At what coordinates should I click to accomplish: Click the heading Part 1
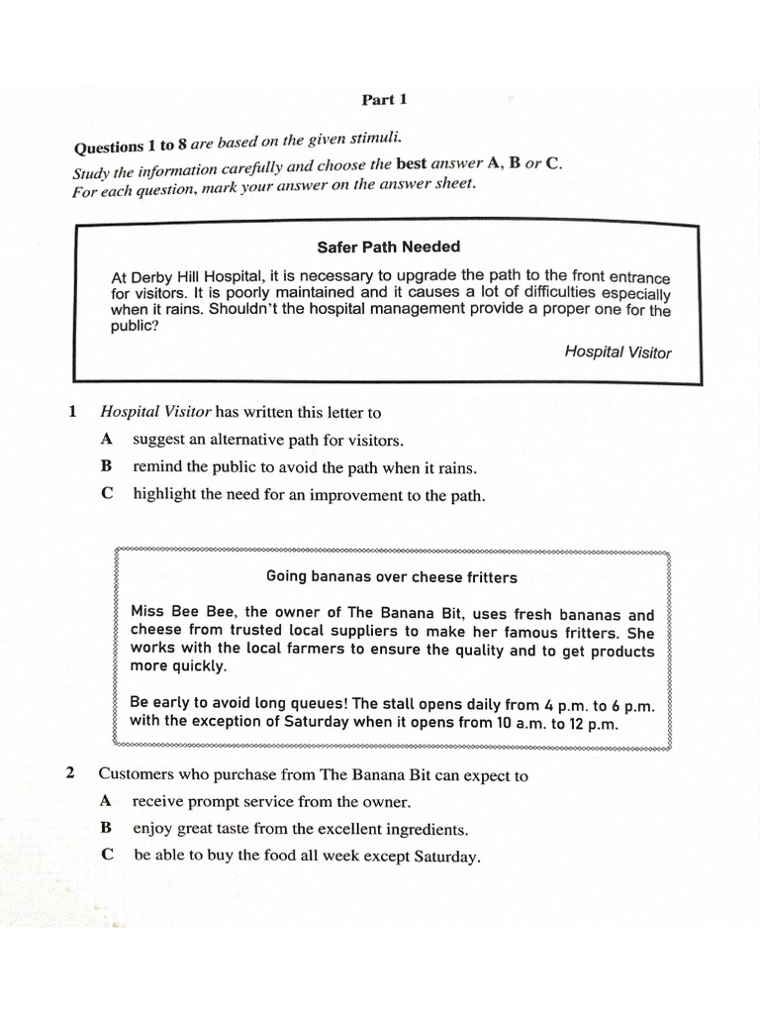pyautogui.click(x=384, y=99)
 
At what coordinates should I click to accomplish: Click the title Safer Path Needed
pyautogui.click(x=388, y=247)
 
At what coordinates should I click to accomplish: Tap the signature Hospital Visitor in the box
pyautogui.click(x=617, y=352)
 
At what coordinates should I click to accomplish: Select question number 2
pyautogui.click(x=71, y=773)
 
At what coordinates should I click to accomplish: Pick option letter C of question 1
pyautogui.click(x=107, y=493)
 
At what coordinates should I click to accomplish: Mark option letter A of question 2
pyautogui.click(x=106, y=800)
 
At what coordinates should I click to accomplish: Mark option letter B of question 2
pyautogui.click(x=106, y=827)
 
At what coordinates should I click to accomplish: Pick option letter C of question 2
pyautogui.click(x=107, y=855)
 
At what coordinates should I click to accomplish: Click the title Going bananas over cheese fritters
pyautogui.click(x=392, y=576)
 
